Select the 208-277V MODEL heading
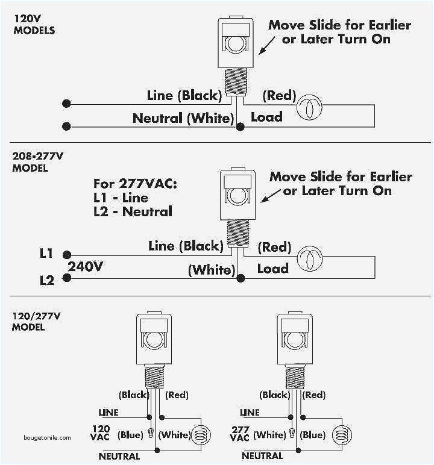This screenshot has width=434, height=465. click(x=37, y=162)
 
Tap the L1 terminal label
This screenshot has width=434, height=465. click(x=46, y=254)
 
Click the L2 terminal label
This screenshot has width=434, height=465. click(x=46, y=280)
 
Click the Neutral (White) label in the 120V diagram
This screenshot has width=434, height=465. click(x=183, y=119)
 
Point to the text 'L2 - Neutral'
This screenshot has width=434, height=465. click(x=133, y=211)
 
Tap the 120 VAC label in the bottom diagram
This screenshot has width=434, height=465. click(x=101, y=433)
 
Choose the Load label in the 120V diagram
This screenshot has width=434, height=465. click(x=266, y=117)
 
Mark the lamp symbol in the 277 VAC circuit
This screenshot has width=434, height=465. click(x=341, y=435)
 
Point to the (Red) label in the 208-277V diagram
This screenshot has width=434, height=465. click(x=274, y=247)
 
